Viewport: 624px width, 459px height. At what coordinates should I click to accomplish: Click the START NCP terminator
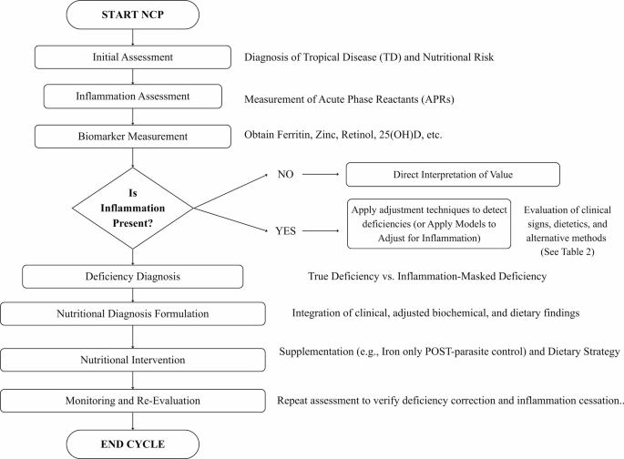click(132, 15)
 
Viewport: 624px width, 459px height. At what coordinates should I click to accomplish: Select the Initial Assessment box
click(132, 57)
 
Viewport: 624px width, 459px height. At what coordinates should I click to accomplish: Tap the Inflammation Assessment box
click(132, 97)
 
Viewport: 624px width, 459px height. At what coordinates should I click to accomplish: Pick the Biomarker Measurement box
click(132, 137)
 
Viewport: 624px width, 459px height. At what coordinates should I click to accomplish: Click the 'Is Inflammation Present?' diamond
click(132, 208)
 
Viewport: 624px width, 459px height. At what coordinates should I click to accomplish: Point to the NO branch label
click(285, 174)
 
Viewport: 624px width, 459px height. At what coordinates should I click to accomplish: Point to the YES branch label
click(285, 231)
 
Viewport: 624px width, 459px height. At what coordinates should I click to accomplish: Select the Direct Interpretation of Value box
click(453, 174)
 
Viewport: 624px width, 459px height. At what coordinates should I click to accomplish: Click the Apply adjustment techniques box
click(429, 224)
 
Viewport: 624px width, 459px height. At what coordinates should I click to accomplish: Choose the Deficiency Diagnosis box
click(132, 277)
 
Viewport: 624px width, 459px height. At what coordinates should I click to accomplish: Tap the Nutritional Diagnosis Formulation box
click(132, 314)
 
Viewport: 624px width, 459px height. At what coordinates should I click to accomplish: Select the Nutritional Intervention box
click(132, 360)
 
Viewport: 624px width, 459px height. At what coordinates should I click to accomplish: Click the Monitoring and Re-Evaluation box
click(132, 401)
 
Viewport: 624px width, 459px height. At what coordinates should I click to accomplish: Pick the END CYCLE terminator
click(132, 444)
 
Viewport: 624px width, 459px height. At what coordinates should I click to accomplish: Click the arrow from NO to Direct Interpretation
click(321, 174)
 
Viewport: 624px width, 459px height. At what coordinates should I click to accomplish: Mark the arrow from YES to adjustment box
click(321, 230)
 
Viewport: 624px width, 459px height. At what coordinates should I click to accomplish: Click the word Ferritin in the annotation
click(294, 135)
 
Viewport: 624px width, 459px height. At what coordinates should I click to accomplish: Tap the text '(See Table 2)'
click(568, 251)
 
